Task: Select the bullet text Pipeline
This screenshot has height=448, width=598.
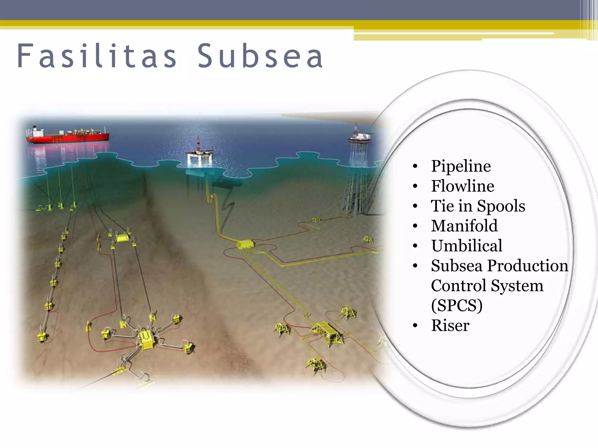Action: tap(461, 166)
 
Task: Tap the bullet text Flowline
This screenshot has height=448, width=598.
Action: tap(463, 186)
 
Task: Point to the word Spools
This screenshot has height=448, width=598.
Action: tap(501, 206)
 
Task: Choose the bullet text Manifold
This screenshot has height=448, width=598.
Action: tap(464, 226)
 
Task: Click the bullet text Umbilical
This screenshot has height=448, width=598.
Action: tap(467, 246)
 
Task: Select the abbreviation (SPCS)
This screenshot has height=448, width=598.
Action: tap(457, 305)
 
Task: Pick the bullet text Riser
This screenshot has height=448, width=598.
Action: tap(450, 325)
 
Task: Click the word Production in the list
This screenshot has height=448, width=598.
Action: tap(528, 266)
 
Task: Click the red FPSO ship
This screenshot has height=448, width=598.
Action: tap(68, 136)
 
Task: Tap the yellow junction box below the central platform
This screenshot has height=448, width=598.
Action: tap(245, 244)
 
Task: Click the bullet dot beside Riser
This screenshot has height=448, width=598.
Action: tap(415, 325)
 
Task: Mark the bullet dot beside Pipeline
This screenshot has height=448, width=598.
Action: tap(415, 166)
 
